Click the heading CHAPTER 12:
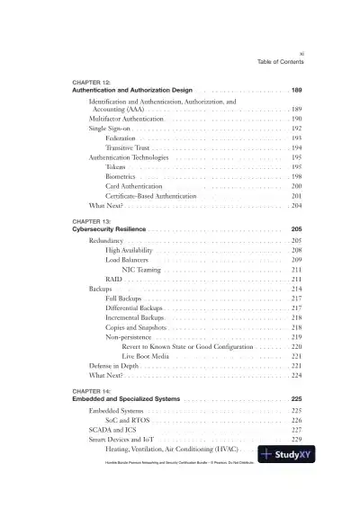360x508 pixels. click(91, 83)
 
